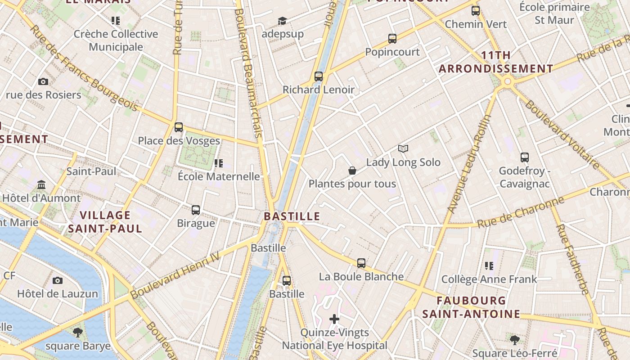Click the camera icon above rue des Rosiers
pos(43,81)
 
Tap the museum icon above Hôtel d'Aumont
pos(42,184)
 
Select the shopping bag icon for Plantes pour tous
pos(352,171)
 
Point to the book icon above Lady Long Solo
pos(403,149)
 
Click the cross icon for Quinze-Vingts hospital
pos(334,319)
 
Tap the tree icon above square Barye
pos(78,333)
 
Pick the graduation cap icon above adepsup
pos(282,21)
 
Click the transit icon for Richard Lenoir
pos(319,76)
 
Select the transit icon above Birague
pos(196,210)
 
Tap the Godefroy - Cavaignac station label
pos(524,177)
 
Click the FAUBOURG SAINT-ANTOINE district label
pos(471,307)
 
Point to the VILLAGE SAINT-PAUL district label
pos(105,221)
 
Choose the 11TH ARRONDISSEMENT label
pos(496,62)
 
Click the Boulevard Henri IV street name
pos(175,275)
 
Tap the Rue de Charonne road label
pos(521,212)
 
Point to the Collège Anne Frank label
pos(489,279)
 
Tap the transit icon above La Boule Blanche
pos(361,263)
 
